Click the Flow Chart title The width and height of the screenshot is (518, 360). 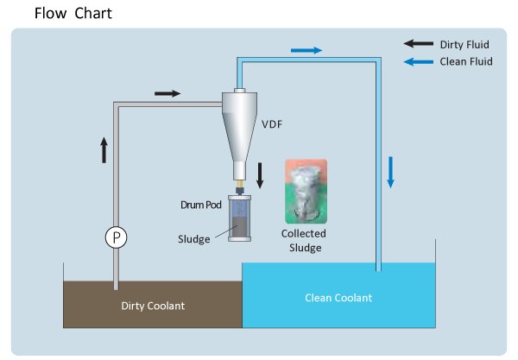pos(73,14)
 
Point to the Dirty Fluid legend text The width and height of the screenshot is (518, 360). pos(467,43)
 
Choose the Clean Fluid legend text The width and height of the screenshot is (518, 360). pos(466,61)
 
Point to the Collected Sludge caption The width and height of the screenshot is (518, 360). pos(306,241)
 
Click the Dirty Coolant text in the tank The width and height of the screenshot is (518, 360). pos(153,305)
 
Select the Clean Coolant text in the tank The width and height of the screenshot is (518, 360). pos(338,298)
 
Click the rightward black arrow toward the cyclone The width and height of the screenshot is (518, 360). pos(167,92)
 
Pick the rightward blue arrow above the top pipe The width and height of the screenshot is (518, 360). pos(306,51)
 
